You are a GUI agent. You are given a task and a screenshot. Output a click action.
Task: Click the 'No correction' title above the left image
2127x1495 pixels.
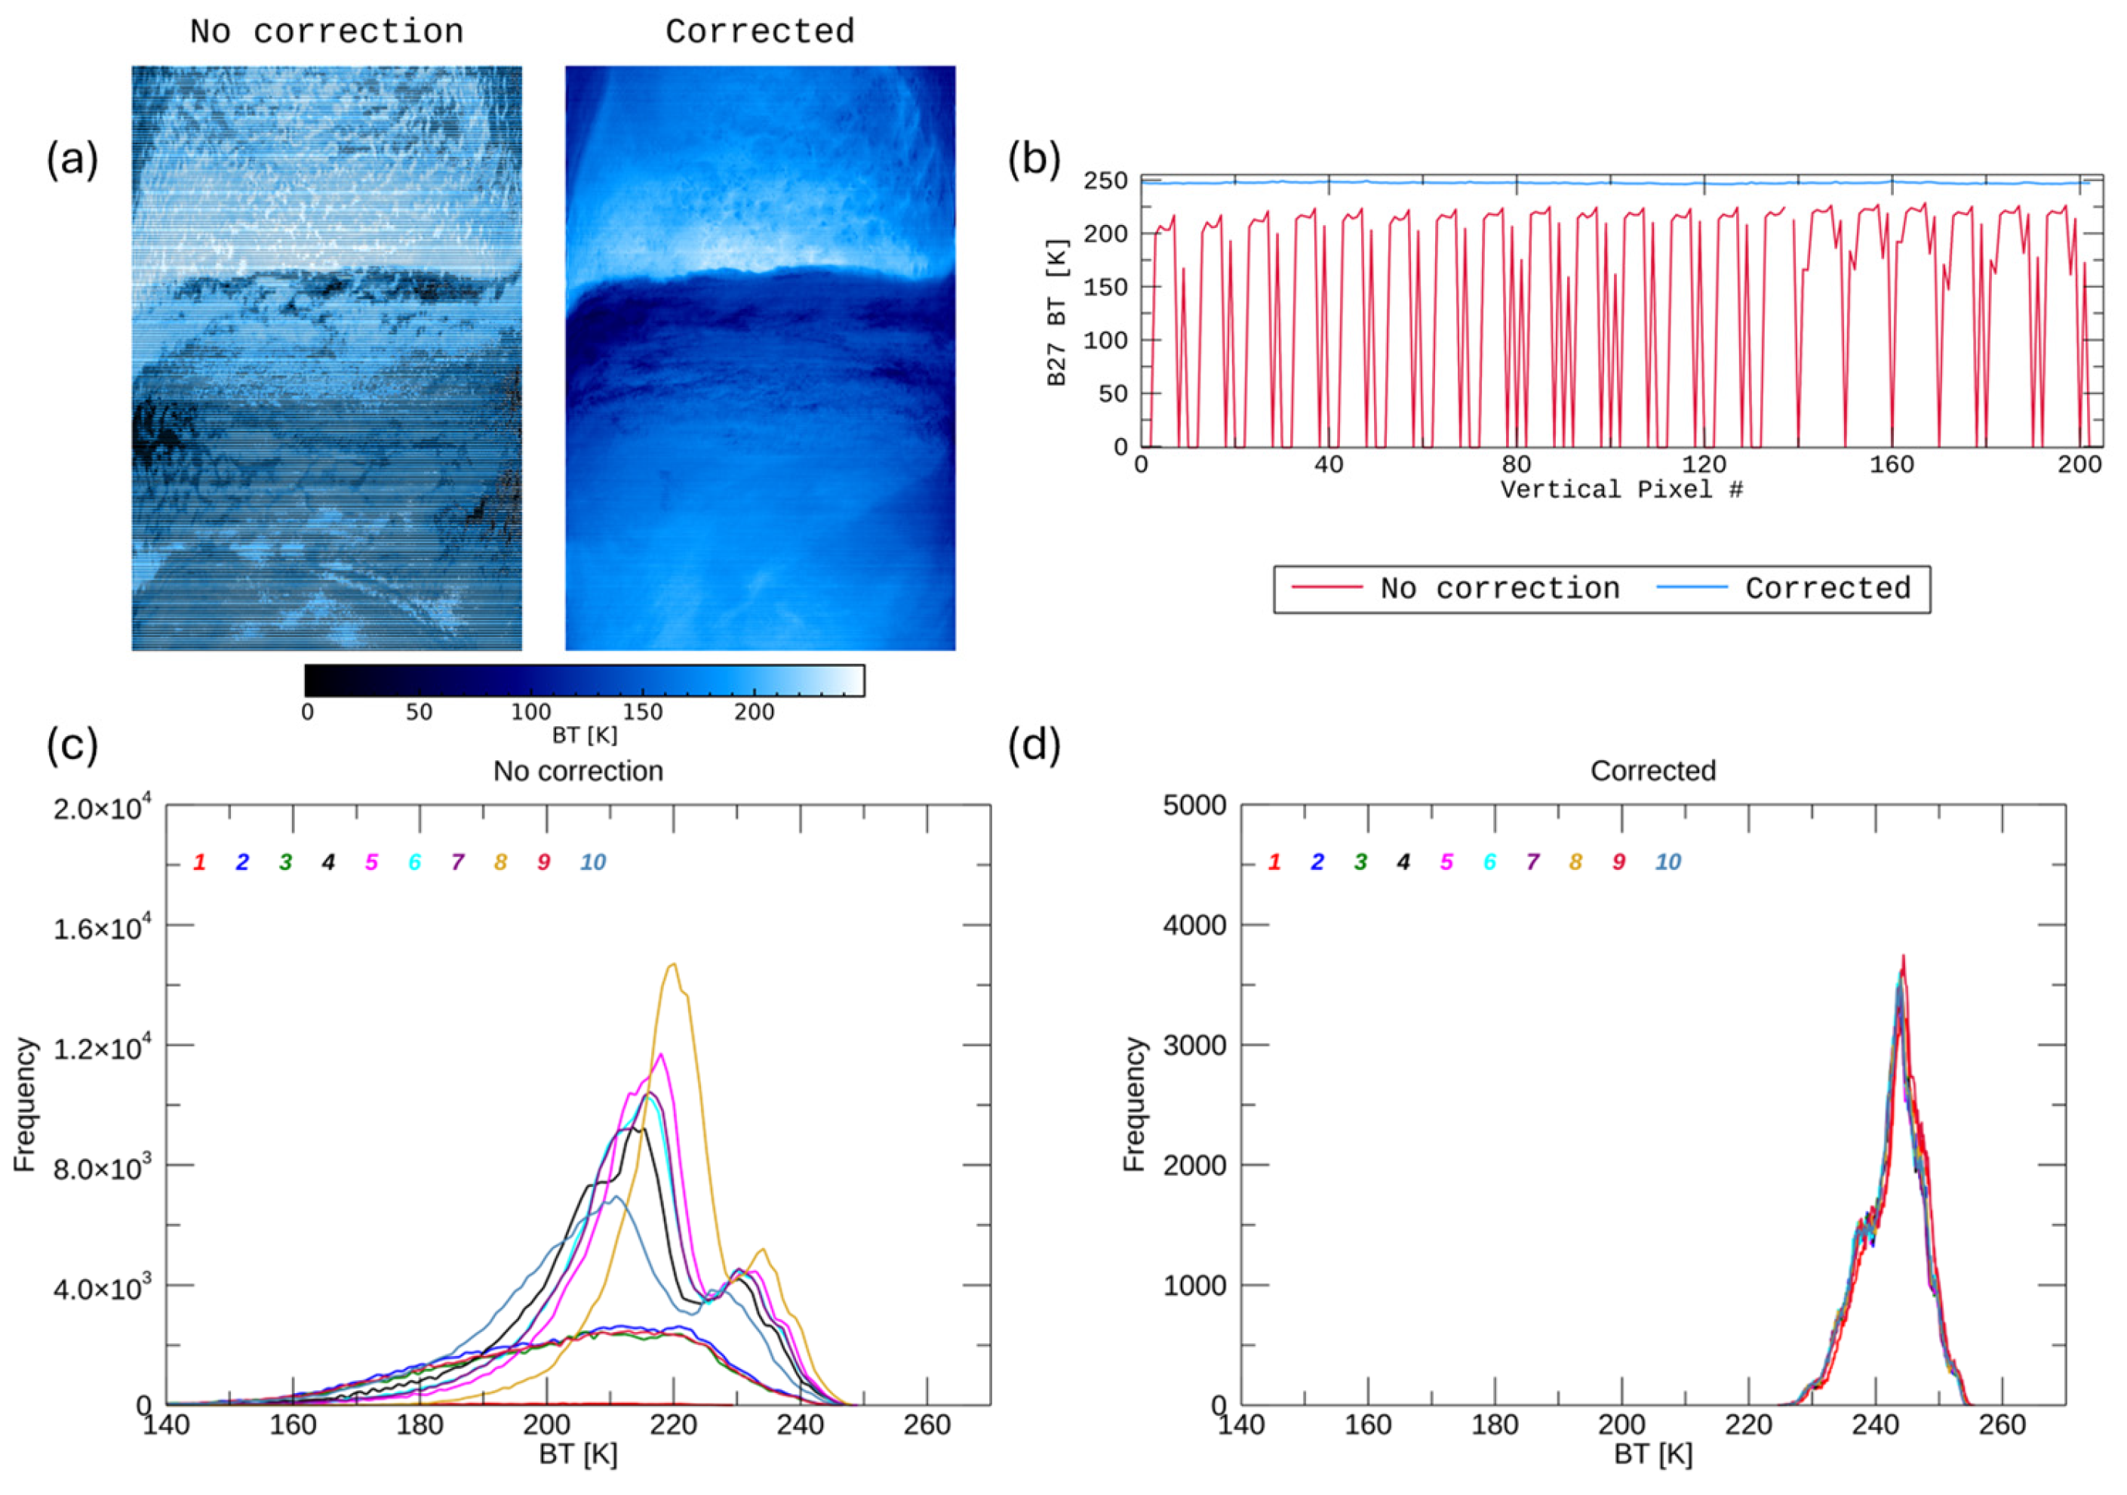click(326, 32)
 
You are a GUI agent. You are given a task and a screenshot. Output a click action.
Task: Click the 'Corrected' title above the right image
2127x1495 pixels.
click(760, 32)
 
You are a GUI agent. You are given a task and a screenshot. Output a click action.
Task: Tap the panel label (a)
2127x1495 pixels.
click(72, 159)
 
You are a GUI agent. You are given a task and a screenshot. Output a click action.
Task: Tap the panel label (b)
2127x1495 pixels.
click(1034, 159)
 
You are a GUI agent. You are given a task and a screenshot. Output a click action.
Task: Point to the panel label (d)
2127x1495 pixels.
click(1034, 746)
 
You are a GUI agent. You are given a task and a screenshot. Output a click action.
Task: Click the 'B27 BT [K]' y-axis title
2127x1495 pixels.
click(1057, 313)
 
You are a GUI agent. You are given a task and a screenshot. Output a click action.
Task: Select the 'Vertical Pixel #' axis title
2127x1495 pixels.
click(1621, 489)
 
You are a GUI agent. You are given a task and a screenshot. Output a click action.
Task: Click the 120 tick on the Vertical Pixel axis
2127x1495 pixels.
click(1704, 464)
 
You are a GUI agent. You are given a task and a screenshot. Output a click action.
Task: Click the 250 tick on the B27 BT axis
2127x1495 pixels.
click(1106, 180)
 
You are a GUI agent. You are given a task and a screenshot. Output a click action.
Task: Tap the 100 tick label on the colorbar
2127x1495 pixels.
click(531, 712)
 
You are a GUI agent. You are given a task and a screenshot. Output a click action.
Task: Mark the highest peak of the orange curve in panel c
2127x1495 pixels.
click(674, 964)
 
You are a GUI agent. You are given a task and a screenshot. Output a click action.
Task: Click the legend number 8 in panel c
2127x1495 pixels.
click(500, 862)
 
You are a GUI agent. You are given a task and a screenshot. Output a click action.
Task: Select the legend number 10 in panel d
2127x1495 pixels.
click(1667, 862)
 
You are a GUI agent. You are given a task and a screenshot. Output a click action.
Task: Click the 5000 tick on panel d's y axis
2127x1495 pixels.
click(1194, 806)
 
